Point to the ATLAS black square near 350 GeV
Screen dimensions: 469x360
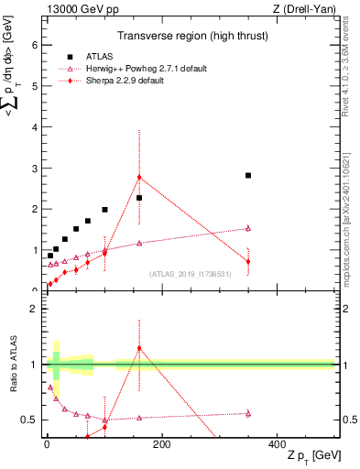pos(248,175)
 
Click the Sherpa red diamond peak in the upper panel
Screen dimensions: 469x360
pos(139,177)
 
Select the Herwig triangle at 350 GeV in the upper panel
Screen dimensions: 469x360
pos(248,228)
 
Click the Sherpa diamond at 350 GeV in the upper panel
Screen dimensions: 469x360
pos(248,262)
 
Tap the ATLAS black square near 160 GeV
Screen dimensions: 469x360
pos(139,198)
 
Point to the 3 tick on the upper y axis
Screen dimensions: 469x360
pos(33,169)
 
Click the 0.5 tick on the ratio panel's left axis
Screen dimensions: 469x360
pos(29,420)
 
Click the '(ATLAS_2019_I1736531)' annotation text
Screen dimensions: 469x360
pos(191,274)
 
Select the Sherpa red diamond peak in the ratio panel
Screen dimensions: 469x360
pos(139,348)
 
